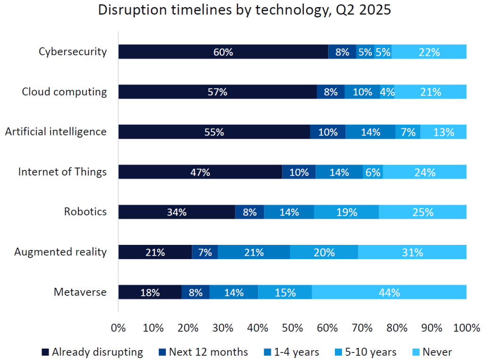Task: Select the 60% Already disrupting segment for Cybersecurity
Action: [223, 52]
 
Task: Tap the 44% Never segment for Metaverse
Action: [389, 293]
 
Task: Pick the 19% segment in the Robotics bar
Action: [347, 212]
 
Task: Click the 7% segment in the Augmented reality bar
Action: [205, 252]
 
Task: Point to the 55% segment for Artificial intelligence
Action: [214, 132]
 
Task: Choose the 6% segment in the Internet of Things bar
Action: [373, 172]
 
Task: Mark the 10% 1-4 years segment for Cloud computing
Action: [362, 92]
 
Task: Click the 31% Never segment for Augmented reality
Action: [412, 252]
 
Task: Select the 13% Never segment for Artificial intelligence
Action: [443, 132]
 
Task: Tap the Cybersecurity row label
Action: [73, 52]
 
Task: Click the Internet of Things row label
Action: [62, 172]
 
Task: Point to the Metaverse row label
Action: [80, 293]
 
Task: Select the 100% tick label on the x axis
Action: [466, 327]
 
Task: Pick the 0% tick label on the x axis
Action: [118, 327]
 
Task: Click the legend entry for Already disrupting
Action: [97, 352]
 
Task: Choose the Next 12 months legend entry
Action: [208, 352]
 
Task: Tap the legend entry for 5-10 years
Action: [370, 352]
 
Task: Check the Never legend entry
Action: [437, 352]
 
